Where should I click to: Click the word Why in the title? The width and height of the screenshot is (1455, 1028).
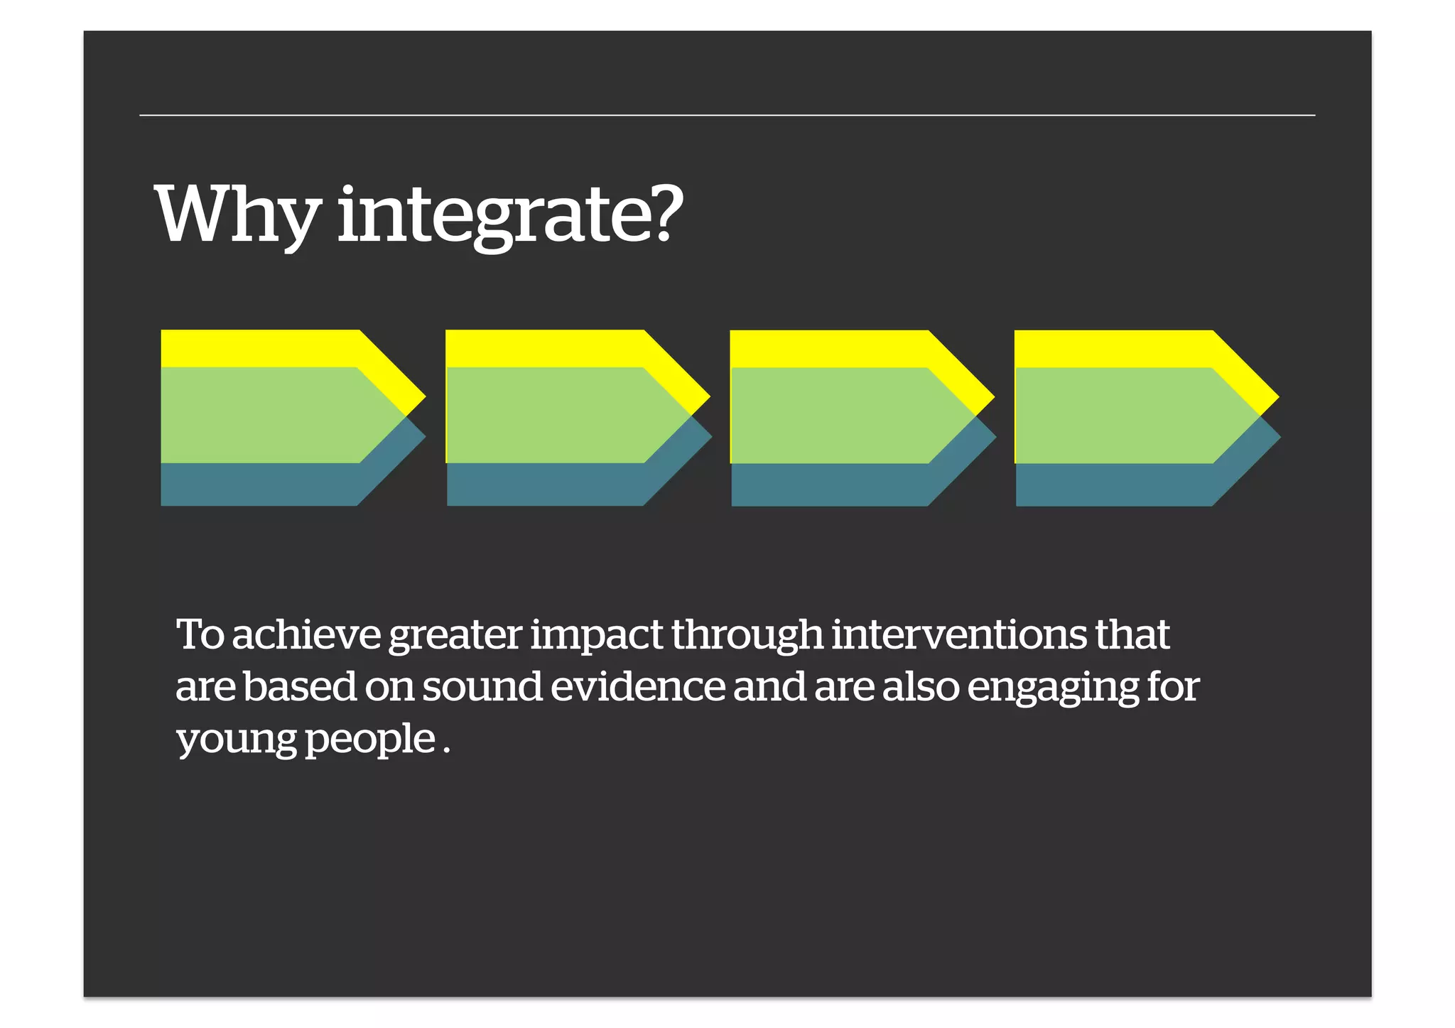(237, 215)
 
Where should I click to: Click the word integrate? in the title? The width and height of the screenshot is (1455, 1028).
(509, 215)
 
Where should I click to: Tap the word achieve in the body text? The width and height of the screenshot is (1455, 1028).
(306, 634)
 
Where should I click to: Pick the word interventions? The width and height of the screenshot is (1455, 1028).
(958, 634)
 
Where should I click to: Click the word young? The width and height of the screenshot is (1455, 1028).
(236, 741)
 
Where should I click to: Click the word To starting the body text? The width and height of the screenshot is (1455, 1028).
(200, 634)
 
